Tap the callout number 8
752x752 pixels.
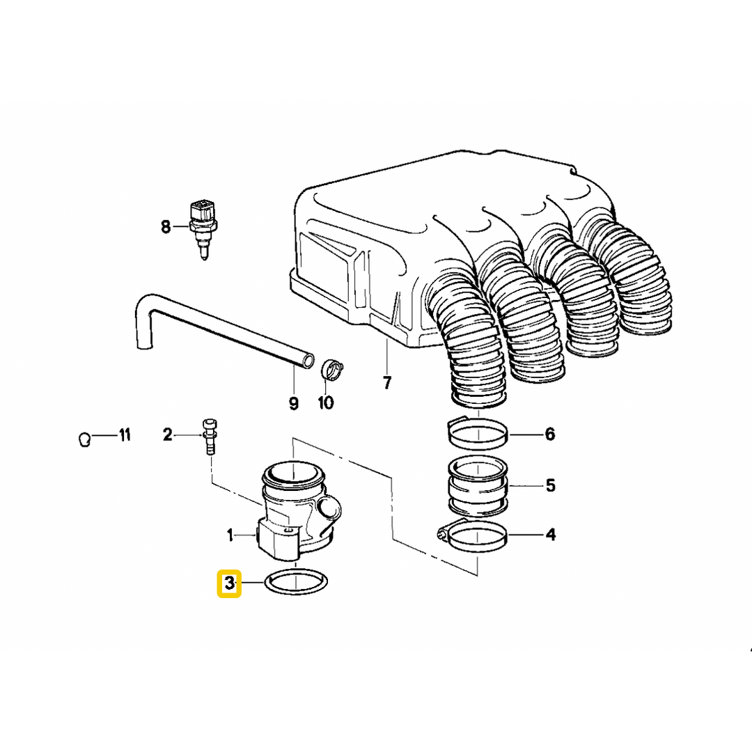166,226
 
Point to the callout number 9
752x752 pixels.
293,402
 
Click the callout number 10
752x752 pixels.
326,402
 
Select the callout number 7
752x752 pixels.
387,382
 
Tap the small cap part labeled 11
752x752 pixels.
83,440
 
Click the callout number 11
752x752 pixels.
124,436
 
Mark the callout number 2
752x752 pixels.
167,435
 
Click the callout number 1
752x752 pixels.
230,535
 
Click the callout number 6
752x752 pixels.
549,434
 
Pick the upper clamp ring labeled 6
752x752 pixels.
478,434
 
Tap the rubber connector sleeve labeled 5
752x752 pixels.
478,485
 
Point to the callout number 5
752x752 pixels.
550,485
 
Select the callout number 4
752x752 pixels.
550,535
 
